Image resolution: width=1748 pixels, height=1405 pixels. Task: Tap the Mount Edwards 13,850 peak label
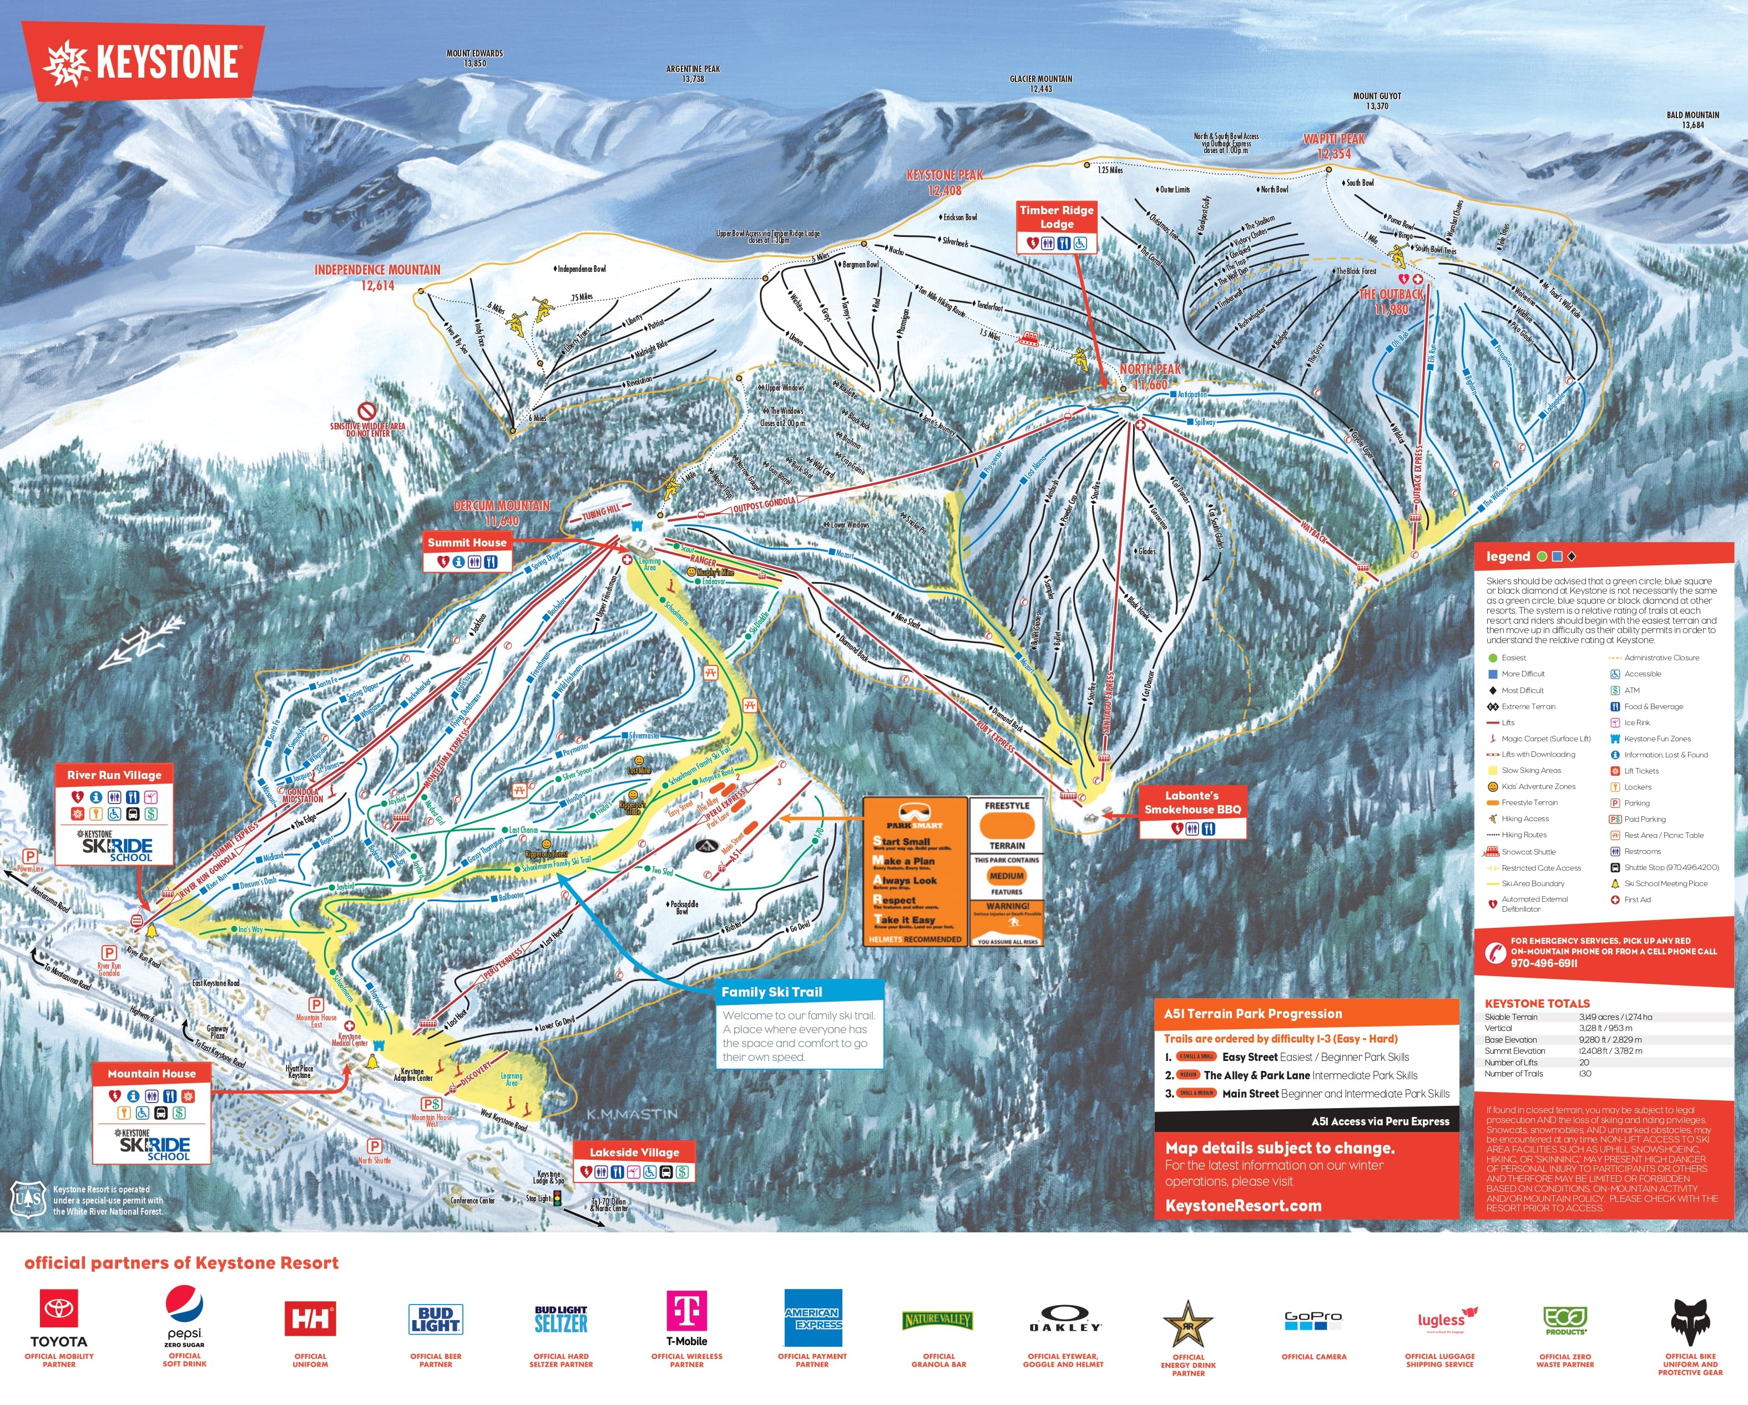tap(474, 58)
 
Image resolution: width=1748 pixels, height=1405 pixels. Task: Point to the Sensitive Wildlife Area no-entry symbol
tap(367, 411)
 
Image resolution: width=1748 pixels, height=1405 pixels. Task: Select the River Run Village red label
tap(114, 775)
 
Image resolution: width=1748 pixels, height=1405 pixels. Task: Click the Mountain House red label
tap(151, 1073)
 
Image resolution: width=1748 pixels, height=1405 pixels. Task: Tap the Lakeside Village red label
tap(634, 1152)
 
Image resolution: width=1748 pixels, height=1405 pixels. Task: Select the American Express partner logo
tap(812, 1317)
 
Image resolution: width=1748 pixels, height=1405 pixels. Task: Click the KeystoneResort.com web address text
tap(1243, 1206)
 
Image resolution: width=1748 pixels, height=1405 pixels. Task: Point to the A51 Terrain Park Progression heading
tap(1252, 1013)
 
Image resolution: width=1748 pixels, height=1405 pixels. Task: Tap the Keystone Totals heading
tap(1537, 1003)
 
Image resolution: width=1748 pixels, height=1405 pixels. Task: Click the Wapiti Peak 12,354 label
tap(1333, 146)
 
